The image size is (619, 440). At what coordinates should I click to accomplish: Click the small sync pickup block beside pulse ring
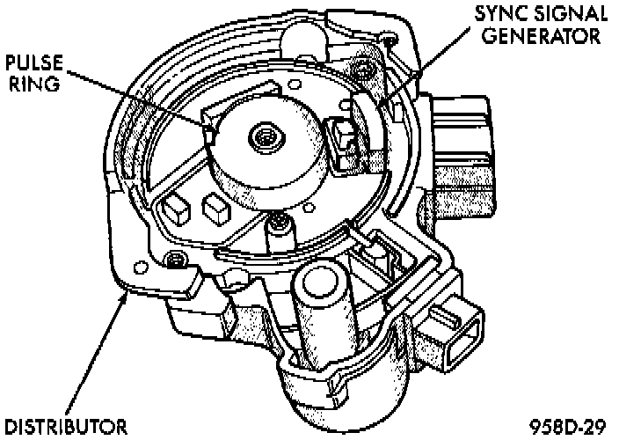click(x=342, y=139)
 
